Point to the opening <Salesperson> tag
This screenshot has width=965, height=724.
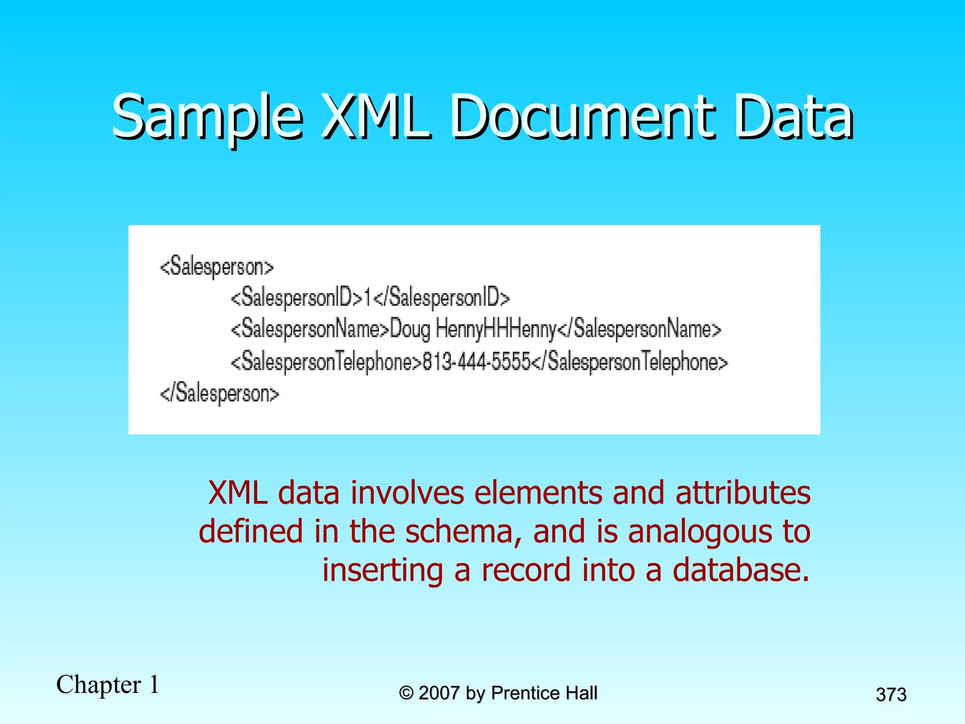tap(217, 267)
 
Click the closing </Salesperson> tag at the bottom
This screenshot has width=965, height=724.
tap(220, 394)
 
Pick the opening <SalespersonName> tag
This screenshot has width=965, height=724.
tap(310, 329)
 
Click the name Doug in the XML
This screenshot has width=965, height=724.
tap(410, 329)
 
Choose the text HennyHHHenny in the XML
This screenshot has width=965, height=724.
tap(496, 329)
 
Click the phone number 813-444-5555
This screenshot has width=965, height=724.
tap(476, 362)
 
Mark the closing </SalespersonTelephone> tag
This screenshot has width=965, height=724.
tap(630, 362)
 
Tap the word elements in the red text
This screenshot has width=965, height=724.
tap(538, 493)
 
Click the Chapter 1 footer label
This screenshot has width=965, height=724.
tap(108, 684)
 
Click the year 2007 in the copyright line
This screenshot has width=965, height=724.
tap(439, 693)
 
